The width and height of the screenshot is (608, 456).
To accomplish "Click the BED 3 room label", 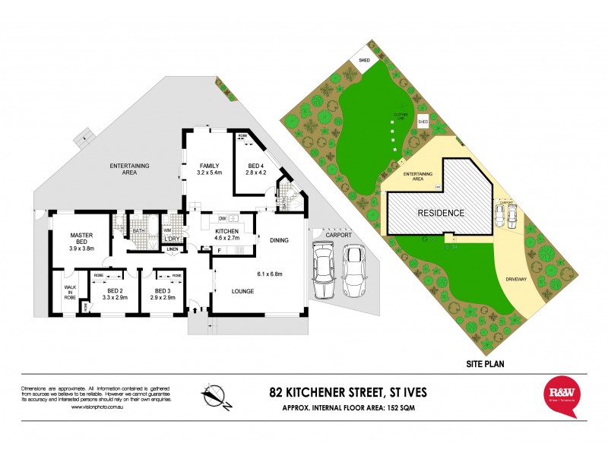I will click(x=163, y=290).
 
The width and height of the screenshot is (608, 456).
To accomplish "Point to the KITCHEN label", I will click(x=227, y=231).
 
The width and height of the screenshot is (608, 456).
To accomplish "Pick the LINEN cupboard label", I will click(x=173, y=249).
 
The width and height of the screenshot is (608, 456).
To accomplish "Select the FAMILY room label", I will click(x=210, y=166).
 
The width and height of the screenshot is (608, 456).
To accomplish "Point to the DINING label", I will click(x=280, y=240).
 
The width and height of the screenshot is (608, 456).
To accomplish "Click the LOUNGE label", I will click(x=243, y=291).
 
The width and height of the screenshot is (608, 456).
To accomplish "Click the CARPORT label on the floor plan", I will click(x=334, y=236).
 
